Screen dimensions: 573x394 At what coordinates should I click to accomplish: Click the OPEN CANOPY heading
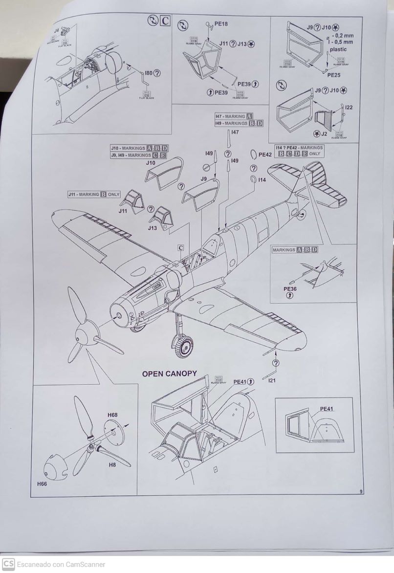pyautogui.click(x=169, y=374)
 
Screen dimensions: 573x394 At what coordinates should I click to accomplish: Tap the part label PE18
pyautogui.click(x=221, y=23)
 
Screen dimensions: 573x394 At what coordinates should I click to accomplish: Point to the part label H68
pyautogui.click(x=112, y=415)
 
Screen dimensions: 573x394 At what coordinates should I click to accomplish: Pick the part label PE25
pyautogui.click(x=334, y=75)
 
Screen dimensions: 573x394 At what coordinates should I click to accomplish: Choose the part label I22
pyautogui.click(x=349, y=107)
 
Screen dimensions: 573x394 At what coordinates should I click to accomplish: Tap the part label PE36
pyautogui.click(x=290, y=289)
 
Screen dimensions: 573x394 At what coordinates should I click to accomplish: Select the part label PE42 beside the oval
pyautogui.click(x=265, y=154)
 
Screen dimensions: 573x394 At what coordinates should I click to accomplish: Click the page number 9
pyautogui.click(x=361, y=492)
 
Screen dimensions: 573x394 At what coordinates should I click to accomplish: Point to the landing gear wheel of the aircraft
pyautogui.click(x=182, y=346)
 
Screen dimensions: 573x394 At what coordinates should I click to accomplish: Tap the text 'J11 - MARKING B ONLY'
pyautogui.click(x=94, y=194)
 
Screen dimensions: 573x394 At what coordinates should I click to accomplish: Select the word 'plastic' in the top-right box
pyautogui.click(x=339, y=49)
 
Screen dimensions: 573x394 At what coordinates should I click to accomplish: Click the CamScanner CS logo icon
pyautogui.click(x=8, y=564)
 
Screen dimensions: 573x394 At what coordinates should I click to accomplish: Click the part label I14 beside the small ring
pyautogui.click(x=262, y=180)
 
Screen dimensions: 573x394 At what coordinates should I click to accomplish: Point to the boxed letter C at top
pyautogui.click(x=165, y=21)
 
